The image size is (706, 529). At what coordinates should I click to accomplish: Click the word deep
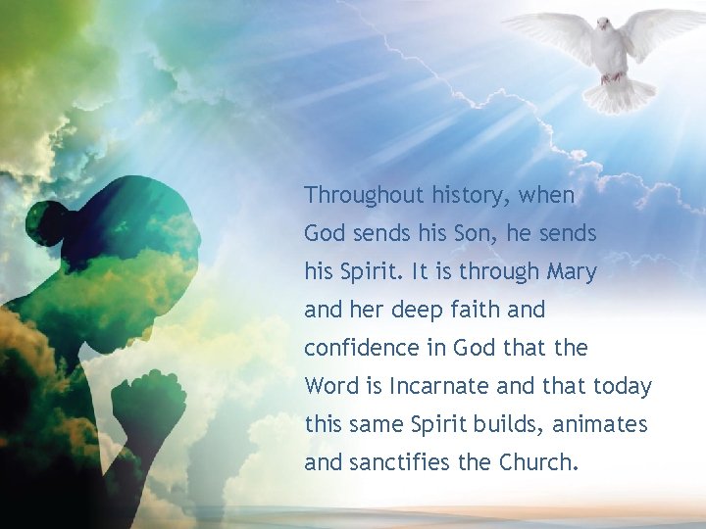pyautogui.click(x=417, y=310)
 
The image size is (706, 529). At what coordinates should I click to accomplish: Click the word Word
pyautogui.click(x=332, y=386)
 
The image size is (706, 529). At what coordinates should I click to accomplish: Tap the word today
pyautogui.click(x=622, y=386)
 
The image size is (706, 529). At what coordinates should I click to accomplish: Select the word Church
pyautogui.click(x=538, y=462)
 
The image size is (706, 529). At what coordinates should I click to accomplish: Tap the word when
pyautogui.click(x=547, y=195)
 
